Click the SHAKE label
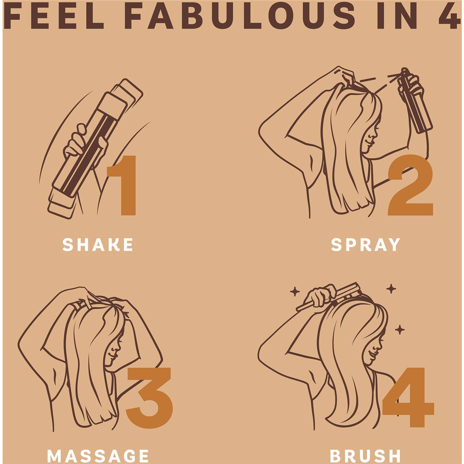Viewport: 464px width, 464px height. coord(97,245)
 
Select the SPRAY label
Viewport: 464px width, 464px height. coord(365,245)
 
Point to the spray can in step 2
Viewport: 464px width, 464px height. coord(415,101)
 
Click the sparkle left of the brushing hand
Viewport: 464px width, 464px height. coord(295,292)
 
